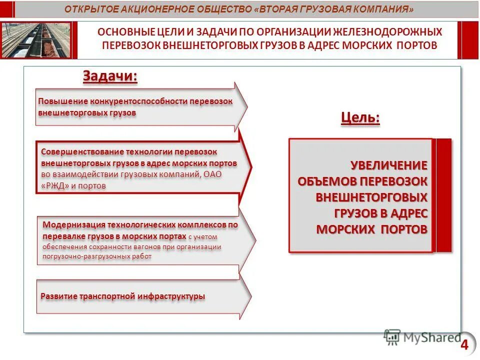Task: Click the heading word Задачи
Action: (x=109, y=76)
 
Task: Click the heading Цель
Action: (x=360, y=118)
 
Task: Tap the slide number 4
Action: (x=464, y=344)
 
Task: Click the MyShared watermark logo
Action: (x=422, y=338)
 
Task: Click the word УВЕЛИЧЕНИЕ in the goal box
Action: (x=389, y=165)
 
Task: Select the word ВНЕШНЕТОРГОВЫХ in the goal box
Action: (x=371, y=197)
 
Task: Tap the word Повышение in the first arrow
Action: (x=57, y=101)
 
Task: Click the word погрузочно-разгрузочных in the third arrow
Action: (x=76, y=256)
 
